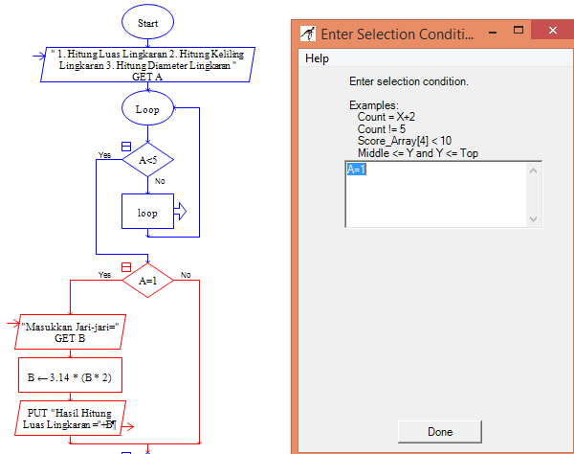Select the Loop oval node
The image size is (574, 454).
pyautogui.click(x=147, y=108)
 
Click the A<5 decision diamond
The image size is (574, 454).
pyautogui.click(x=147, y=160)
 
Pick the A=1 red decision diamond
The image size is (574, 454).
pyautogui.click(x=147, y=281)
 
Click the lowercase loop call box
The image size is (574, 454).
pyautogui.click(x=147, y=213)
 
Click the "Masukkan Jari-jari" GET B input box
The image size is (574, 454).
pyautogui.click(x=73, y=332)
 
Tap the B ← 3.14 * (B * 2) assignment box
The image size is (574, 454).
pyautogui.click(x=71, y=375)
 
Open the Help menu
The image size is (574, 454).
pyautogui.click(x=317, y=58)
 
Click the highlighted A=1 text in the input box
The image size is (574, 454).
pyautogui.click(x=357, y=170)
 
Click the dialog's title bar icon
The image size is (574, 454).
pyautogui.click(x=307, y=34)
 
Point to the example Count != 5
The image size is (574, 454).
pyautogui.click(x=382, y=128)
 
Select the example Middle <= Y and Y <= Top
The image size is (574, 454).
pyautogui.click(x=418, y=153)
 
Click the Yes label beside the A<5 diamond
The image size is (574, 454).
pyautogui.click(x=104, y=154)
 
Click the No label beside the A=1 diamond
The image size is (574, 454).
pyautogui.click(x=186, y=275)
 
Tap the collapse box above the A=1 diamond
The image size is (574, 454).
pyautogui.click(x=125, y=266)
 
